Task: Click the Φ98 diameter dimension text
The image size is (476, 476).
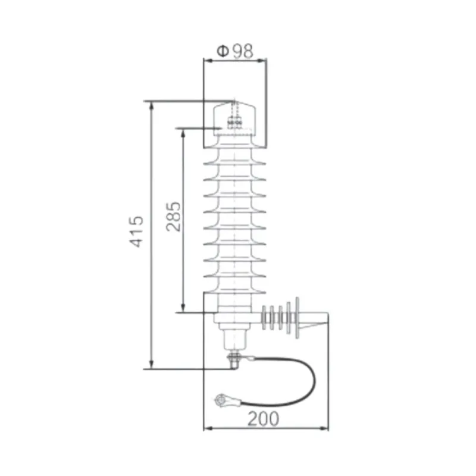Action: (234, 51)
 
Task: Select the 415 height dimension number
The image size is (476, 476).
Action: (137, 232)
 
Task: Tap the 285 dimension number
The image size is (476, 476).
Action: (173, 218)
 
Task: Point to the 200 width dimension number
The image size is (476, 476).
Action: (262, 419)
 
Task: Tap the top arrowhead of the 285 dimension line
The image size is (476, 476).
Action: (183, 131)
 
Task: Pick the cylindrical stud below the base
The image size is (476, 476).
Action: (234, 339)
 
